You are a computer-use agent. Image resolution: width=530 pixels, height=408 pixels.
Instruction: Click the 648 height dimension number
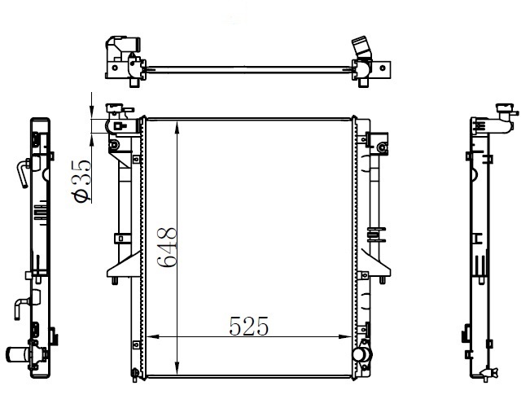(167, 248)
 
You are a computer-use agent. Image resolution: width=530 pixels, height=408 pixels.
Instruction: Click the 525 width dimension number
(249, 327)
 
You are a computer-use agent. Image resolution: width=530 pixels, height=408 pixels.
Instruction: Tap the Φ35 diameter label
(81, 181)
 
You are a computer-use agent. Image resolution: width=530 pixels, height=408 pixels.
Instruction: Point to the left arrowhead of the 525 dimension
(153, 336)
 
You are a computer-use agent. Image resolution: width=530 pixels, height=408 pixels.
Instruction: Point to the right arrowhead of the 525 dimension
(345, 336)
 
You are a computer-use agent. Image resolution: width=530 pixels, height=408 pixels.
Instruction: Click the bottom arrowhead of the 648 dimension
(177, 368)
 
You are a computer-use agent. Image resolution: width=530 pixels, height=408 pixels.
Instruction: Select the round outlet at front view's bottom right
(361, 354)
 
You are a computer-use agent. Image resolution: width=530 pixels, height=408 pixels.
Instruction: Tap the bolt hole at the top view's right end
(383, 68)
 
